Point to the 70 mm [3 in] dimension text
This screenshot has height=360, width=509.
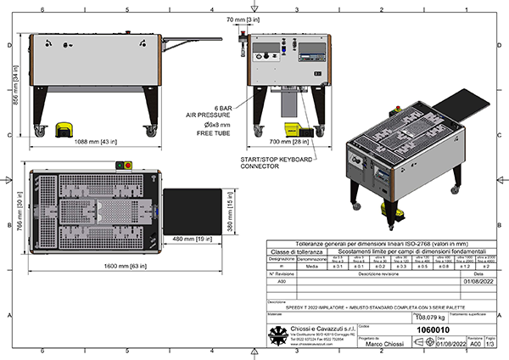(x=243, y=18)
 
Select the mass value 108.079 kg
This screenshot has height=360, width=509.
(x=386, y=315)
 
